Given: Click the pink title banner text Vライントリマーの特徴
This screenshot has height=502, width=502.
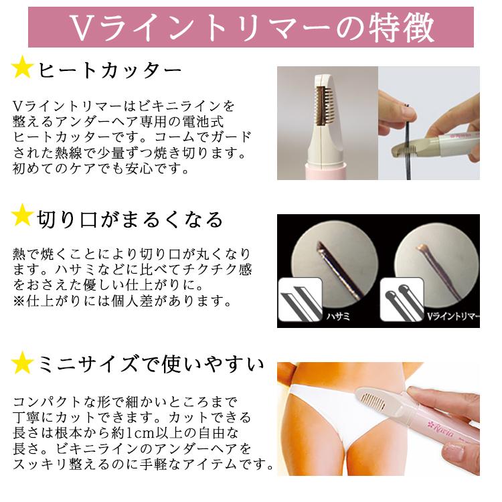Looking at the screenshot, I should pos(251,28).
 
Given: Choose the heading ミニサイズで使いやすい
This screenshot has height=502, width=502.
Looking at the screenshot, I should pos(151,365).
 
